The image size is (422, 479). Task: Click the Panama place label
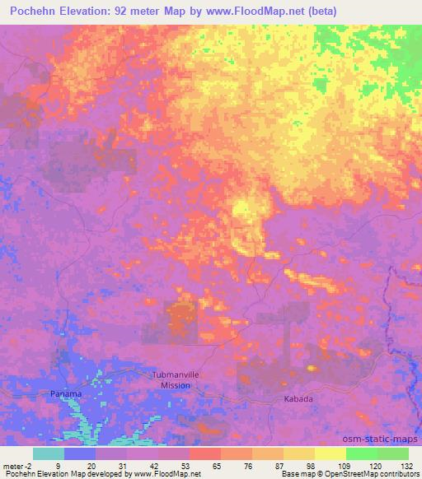(64, 393)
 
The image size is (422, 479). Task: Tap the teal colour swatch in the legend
(49, 453)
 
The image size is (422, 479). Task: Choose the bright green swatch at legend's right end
(392, 453)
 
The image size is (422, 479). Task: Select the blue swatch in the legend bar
(80, 453)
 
